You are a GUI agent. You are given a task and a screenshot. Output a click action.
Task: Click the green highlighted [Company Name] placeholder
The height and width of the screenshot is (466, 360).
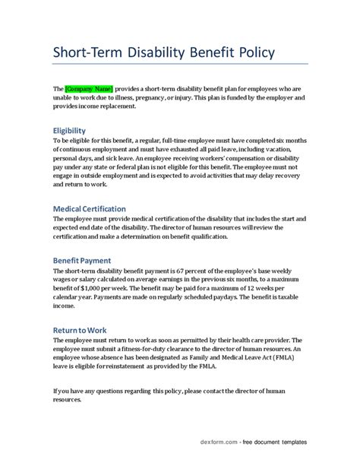89,88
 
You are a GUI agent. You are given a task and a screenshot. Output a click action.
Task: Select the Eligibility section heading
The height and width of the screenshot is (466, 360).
69,130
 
